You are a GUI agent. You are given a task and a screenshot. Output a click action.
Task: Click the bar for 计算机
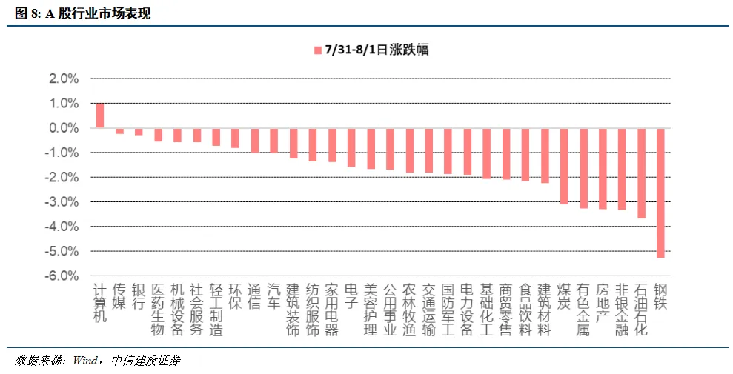tap(100, 116)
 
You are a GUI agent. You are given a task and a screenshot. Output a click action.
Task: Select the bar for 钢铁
tap(660, 193)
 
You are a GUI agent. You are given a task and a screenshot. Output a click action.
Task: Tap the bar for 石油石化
tap(641, 173)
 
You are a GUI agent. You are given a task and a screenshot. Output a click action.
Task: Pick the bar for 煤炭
tap(564, 166)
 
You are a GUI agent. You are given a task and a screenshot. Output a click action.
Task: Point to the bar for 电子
tap(351, 147)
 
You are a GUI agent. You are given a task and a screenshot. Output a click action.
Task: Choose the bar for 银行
tap(139, 132)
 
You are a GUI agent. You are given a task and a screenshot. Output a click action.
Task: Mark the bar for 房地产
tap(603, 169)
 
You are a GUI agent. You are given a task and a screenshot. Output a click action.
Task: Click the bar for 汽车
tap(274, 141)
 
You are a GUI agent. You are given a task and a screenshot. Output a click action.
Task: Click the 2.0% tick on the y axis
tap(64, 79)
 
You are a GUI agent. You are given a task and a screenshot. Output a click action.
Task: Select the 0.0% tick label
tap(64, 128)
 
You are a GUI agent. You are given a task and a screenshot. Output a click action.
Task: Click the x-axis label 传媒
tap(119, 296)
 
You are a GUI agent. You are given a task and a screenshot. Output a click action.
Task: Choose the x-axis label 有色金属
tap(583, 310)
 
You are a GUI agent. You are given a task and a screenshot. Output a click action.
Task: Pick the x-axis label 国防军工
tap(448, 310)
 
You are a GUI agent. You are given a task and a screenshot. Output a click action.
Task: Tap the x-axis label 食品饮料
tap(525, 310)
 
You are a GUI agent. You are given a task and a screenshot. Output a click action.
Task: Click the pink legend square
tap(318, 50)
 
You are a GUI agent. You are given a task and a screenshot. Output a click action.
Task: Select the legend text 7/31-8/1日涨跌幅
tap(377, 50)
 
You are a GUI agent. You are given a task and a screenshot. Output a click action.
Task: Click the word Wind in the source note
tap(84, 361)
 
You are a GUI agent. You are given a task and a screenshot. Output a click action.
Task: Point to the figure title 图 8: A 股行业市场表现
tap(83, 13)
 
